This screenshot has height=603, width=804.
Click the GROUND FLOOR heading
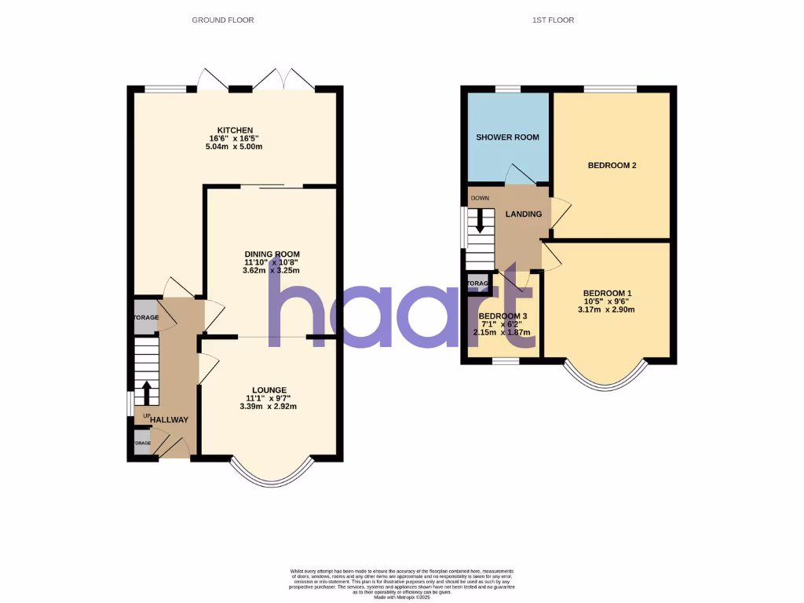(223, 20)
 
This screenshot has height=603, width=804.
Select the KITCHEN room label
(236, 130)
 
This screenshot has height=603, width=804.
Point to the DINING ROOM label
(272, 254)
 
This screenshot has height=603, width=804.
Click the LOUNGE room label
(269, 390)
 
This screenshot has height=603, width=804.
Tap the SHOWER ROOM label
(507, 137)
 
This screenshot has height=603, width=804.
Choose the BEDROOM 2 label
(612, 166)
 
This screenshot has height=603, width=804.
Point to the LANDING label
(523, 214)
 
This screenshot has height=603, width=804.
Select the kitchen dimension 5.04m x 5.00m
(236, 147)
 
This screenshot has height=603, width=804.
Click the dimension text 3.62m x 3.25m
(272, 270)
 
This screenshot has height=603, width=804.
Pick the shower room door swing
(521, 174)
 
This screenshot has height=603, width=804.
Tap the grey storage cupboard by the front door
(142, 442)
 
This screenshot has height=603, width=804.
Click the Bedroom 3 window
(506, 361)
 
